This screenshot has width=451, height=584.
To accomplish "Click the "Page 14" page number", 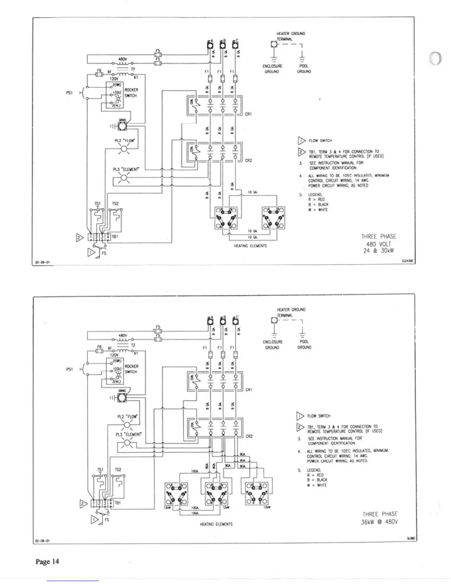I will tap(47, 562).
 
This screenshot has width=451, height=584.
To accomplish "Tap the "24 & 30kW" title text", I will tap(378, 251).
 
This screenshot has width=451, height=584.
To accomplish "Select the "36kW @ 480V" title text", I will tap(380, 522).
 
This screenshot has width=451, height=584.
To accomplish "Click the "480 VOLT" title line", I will tap(378, 244).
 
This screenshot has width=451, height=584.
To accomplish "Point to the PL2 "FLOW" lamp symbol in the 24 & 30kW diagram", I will tap(124, 148).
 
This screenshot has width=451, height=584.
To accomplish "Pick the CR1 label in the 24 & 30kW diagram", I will tap(248, 114).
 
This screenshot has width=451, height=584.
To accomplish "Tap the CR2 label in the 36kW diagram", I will tap(249, 436).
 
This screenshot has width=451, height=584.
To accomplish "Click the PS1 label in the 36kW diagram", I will tap(69, 369).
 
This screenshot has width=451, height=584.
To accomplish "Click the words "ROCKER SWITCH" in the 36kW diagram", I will tap(131, 369).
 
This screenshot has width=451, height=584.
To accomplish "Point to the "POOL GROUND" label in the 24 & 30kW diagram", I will tap(304, 69).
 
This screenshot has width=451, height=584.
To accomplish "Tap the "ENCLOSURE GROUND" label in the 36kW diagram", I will tap(272, 345).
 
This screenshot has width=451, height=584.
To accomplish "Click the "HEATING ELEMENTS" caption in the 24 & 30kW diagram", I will tap(250, 246).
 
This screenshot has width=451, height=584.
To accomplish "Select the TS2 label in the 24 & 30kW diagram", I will tap(115, 204).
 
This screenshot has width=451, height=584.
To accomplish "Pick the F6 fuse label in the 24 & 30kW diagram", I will tap(99, 70).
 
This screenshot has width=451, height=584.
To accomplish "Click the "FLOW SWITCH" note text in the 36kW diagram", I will tap(319, 416).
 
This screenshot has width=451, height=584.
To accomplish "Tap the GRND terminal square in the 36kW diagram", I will tap(122, 397).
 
